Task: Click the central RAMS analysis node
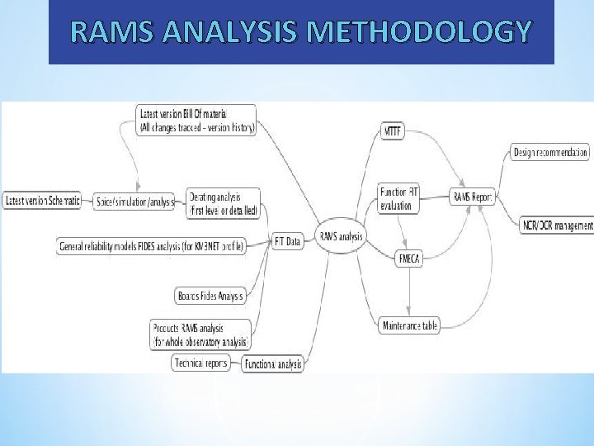341,237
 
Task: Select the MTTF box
393,130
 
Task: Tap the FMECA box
410,259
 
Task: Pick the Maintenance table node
410,326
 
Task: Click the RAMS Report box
472,197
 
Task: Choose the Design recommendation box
550,152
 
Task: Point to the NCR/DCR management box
557,225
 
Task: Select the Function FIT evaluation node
399,199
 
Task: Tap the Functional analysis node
272,363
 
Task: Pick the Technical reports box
201,363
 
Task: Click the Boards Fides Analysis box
210,296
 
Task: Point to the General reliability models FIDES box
153,246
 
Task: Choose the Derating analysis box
224,204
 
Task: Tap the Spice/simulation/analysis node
135,202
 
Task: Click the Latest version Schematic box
43,201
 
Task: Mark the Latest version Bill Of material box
196,121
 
